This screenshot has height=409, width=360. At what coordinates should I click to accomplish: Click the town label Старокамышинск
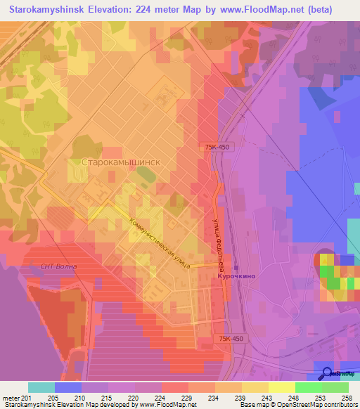tap(122, 161)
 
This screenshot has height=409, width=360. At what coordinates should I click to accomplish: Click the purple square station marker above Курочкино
tap(236, 268)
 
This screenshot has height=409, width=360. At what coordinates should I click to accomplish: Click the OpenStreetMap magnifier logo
tap(327, 374)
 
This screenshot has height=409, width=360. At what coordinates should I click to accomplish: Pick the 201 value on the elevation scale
tap(28, 397)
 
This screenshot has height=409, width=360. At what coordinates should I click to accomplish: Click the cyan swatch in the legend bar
tap(41, 387)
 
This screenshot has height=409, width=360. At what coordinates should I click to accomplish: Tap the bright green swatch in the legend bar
tap(309, 387)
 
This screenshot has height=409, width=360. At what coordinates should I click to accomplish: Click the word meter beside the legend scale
tap(11, 397)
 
